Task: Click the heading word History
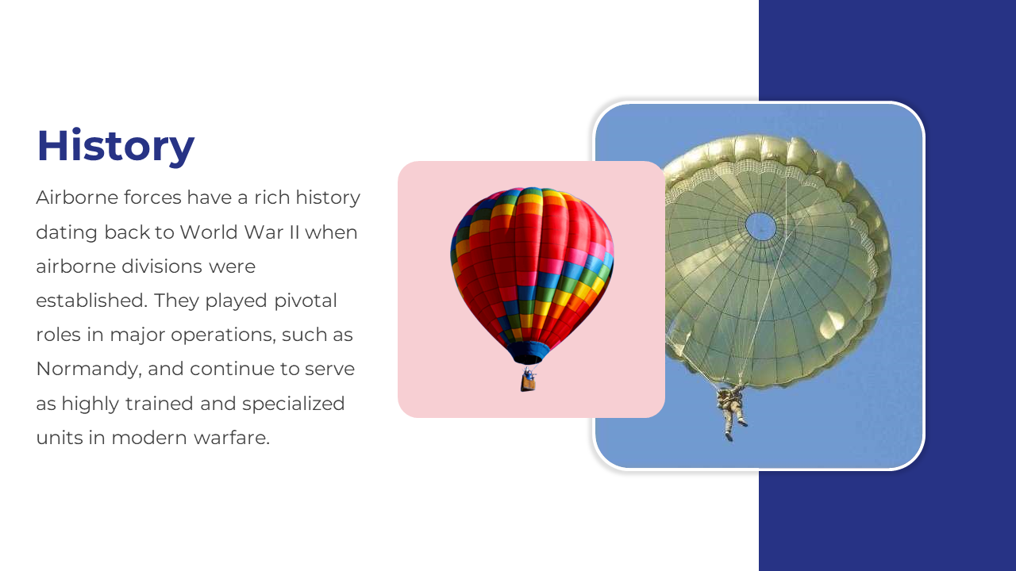click(116, 146)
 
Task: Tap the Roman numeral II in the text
click(294, 232)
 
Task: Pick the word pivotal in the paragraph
click(306, 301)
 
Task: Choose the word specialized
click(293, 404)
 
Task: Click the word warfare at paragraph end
click(231, 438)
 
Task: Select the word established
click(91, 301)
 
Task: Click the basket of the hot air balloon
click(528, 383)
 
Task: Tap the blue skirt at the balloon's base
click(528, 352)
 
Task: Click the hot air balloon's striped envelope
click(532, 267)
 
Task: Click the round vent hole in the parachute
click(760, 226)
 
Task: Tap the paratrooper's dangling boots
click(735, 431)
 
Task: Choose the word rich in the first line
click(271, 197)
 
